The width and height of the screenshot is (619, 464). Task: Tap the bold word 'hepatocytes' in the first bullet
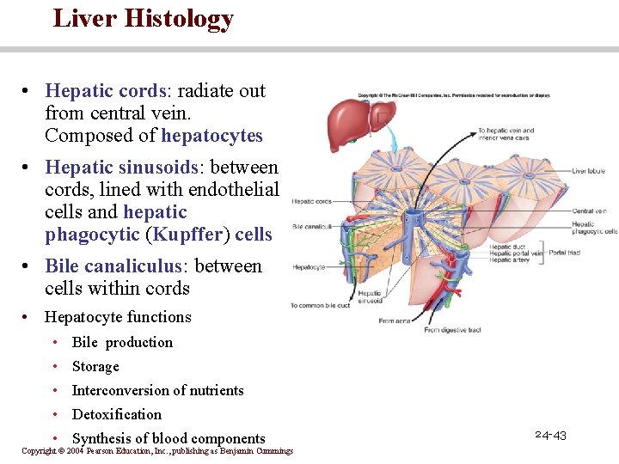pos(211,136)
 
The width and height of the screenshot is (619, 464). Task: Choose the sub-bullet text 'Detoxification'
pos(117,414)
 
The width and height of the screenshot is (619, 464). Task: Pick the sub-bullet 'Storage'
pos(95,366)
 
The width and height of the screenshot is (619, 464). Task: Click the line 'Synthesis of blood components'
pos(169,438)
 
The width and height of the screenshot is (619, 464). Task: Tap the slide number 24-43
pos(550,436)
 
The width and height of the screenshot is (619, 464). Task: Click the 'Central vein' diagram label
pos(589,211)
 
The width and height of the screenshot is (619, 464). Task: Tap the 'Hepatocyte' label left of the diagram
pos(309,267)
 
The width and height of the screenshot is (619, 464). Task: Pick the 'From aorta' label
pos(395,321)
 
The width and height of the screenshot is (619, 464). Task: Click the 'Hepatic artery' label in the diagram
pos(513,260)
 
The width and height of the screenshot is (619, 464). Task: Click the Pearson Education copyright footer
pos(157,451)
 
